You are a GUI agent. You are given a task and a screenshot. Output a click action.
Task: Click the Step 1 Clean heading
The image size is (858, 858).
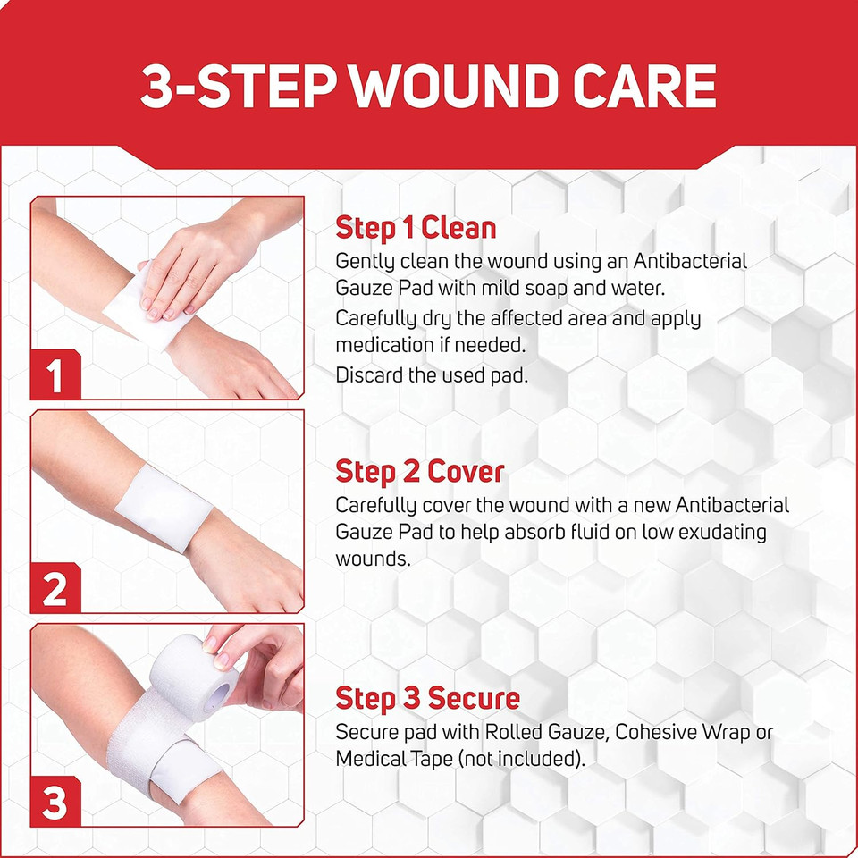click(415, 228)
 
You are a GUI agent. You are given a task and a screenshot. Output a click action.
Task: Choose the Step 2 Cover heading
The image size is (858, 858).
click(419, 471)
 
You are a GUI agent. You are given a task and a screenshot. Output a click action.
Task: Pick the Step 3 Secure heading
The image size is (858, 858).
click(427, 697)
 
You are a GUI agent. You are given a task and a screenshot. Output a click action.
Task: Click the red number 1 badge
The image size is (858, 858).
click(55, 375)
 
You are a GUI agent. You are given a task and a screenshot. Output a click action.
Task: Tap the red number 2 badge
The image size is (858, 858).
click(55, 590)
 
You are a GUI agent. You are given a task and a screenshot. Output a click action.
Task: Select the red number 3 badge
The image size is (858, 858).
click(55, 803)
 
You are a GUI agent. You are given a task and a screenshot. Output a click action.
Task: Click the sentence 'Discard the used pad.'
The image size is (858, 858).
click(432, 375)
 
